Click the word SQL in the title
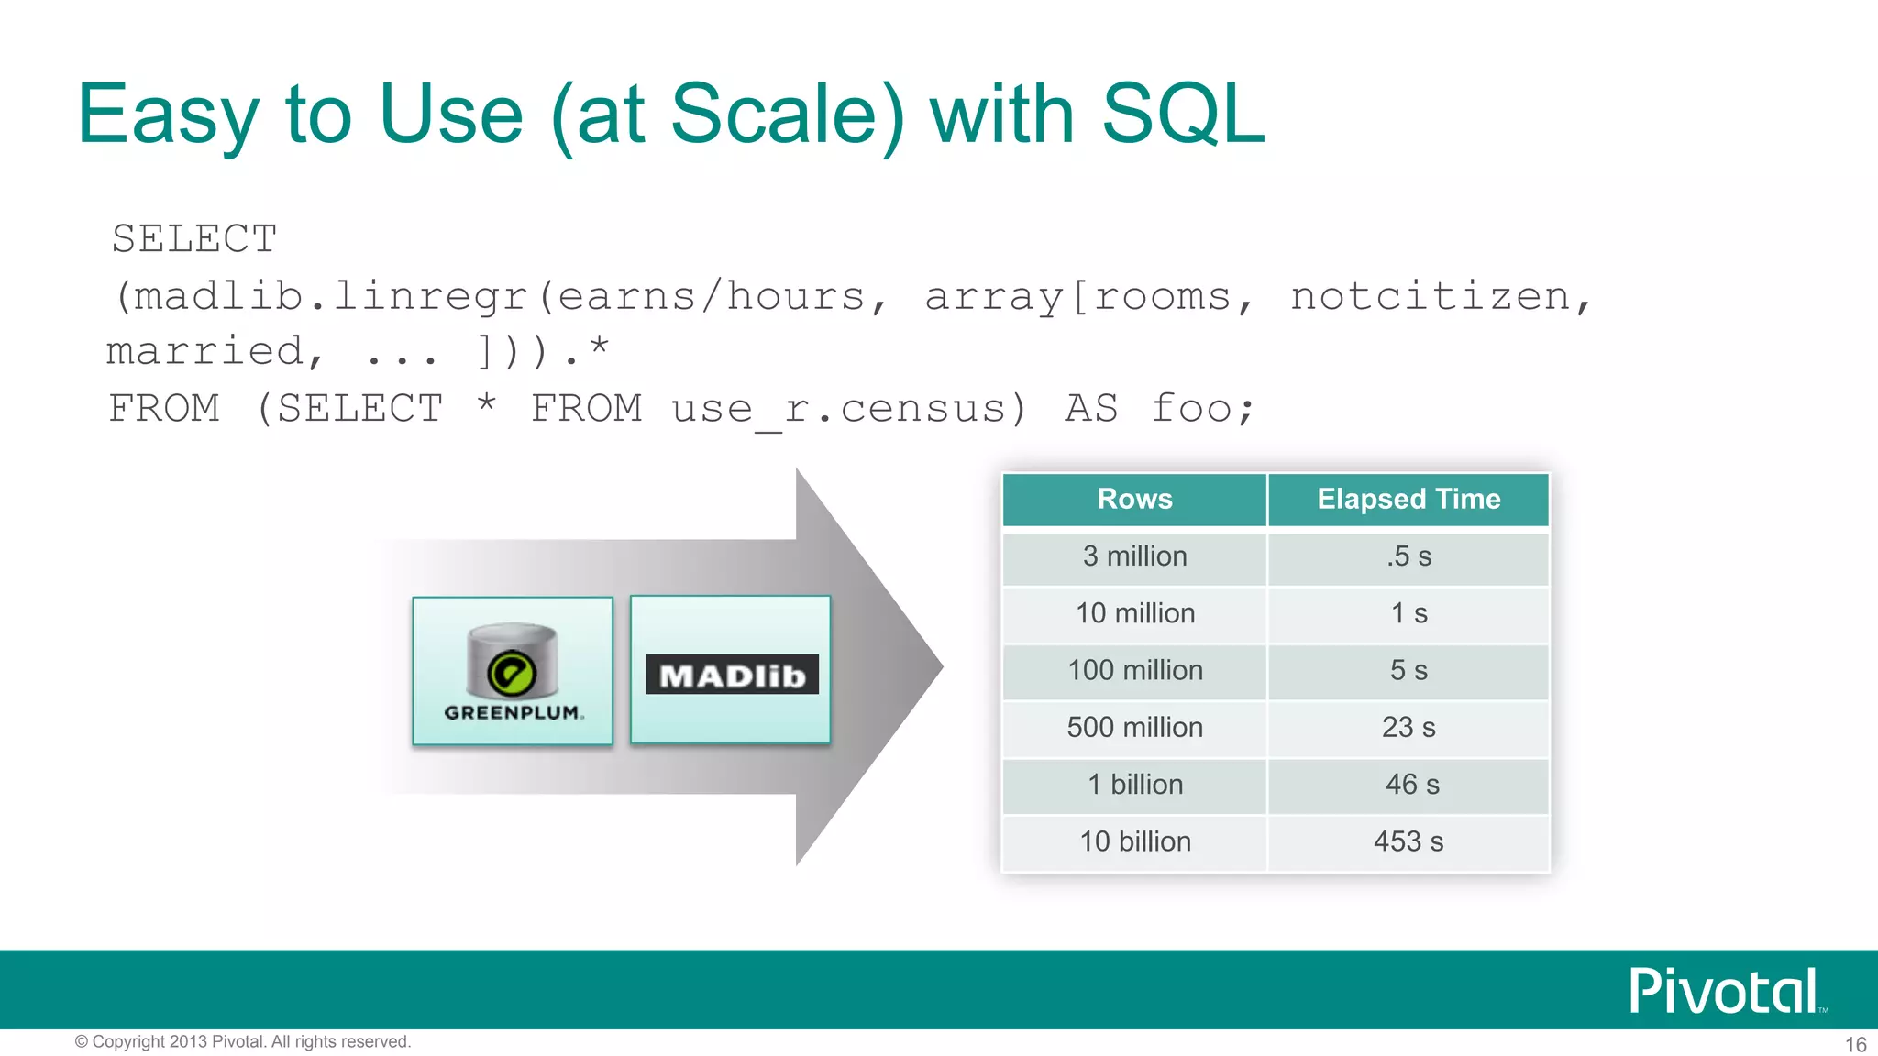[1182, 114]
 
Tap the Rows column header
[1134, 499]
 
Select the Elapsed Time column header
[1408, 499]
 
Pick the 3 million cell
[1134, 556]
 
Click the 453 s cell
[1408, 841]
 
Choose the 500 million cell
[1134, 728]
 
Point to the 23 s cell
[1408, 728]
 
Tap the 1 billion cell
[1134, 785]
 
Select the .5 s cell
[1408, 556]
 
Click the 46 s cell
[1412, 785]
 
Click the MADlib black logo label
[732, 675]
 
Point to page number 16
[1855, 1044]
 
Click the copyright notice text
[243, 1041]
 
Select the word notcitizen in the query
[1431, 296]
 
